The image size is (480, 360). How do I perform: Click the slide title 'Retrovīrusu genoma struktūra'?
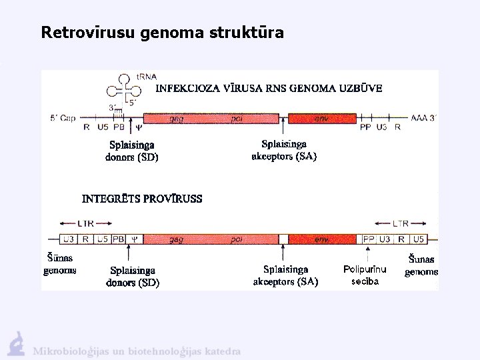pos(162,32)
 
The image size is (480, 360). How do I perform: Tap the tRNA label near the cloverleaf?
pos(147,77)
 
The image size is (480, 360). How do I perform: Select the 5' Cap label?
pos(63,118)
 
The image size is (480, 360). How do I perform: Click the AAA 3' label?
pos(423,118)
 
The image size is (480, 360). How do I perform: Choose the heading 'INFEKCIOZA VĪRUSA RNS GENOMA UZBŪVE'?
pos(269,89)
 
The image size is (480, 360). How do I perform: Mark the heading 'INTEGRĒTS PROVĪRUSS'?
pos(142,199)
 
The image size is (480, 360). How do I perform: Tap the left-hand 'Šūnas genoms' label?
pos(60,264)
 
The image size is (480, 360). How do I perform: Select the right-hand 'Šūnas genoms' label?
pos(421,265)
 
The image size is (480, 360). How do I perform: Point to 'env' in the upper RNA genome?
pos(322,119)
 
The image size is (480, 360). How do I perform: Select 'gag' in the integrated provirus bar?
pos(177,239)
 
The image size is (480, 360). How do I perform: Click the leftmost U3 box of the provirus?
pos(68,239)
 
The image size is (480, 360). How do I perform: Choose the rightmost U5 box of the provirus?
pos(419,239)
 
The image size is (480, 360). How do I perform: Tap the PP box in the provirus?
pos(368,239)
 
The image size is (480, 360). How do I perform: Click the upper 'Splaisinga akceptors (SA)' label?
pos(284,150)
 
